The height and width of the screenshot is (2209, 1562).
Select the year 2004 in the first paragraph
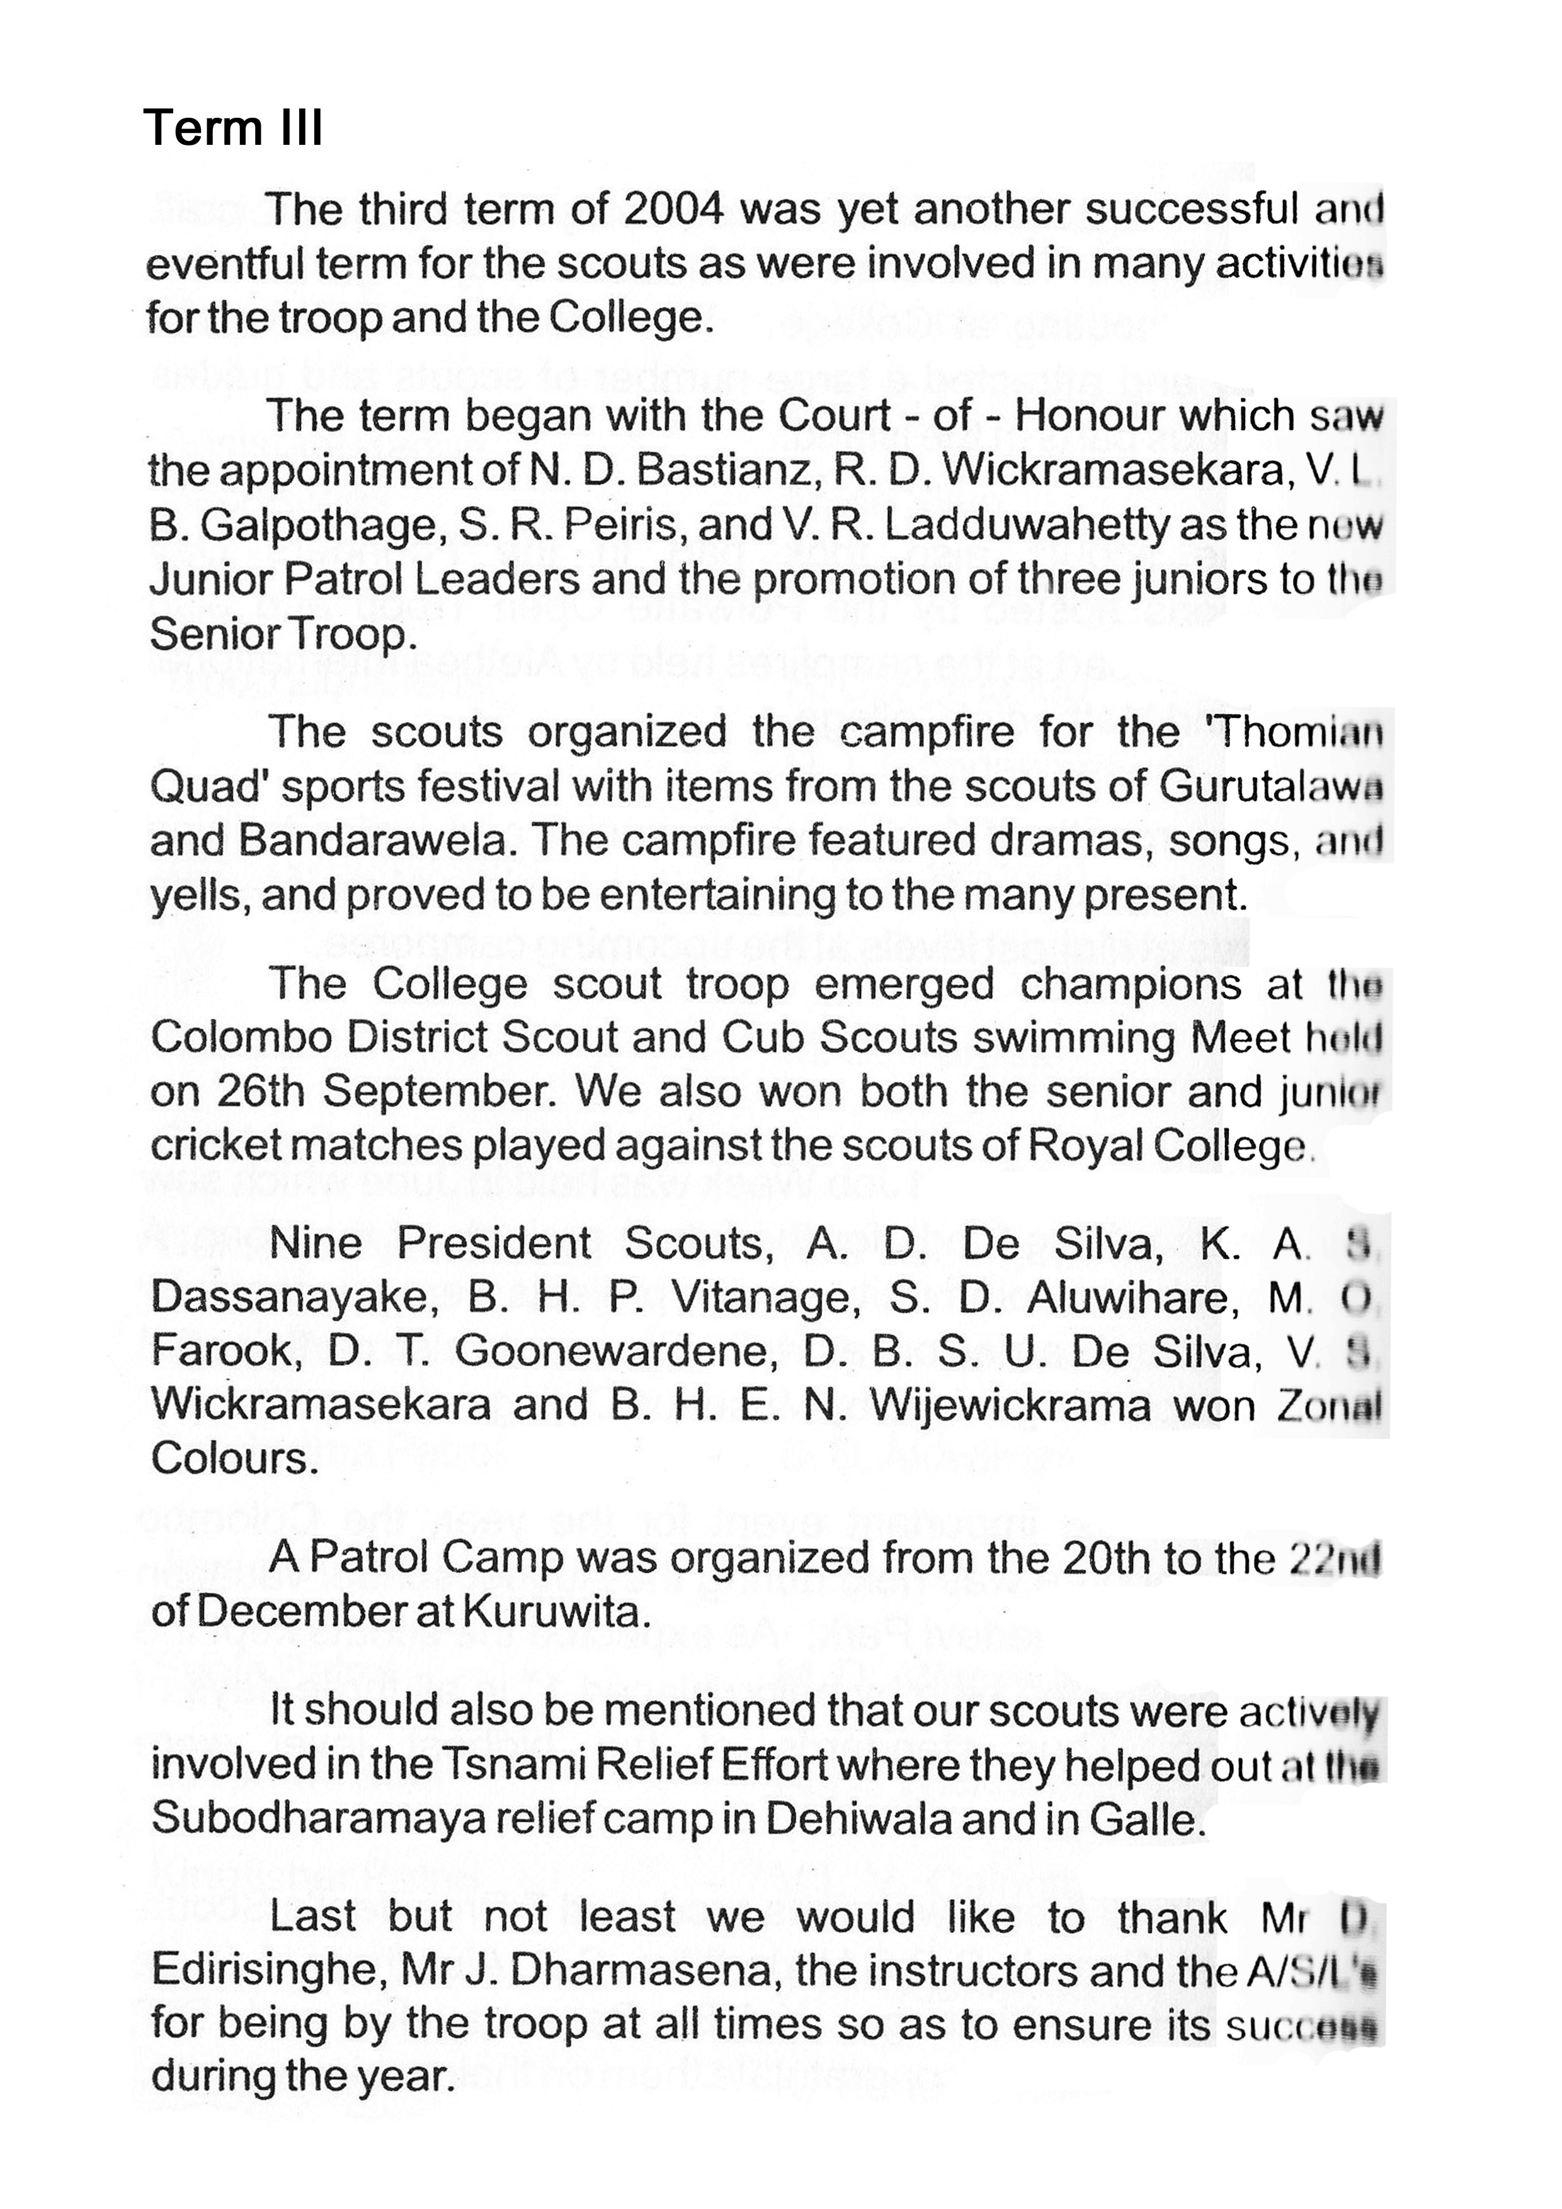tap(673, 209)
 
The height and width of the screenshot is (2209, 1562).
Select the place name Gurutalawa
tap(1270, 786)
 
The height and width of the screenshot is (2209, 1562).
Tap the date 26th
tap(260, 1092)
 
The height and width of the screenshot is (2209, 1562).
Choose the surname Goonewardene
tap(615, 1352)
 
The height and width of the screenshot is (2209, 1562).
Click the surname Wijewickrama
tap(1010, 1405)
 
